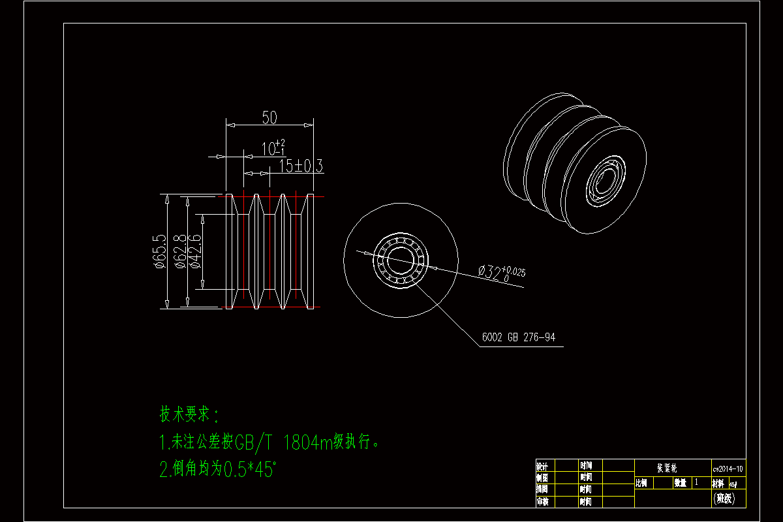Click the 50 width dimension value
[269, 117]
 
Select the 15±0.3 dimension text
[301, 166]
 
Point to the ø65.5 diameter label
[159, 251]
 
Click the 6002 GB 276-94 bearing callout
[518, 338]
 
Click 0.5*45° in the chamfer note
[250, 469]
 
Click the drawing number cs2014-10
[728, 467]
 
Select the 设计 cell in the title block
[542, 466]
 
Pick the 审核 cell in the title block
[542, 501]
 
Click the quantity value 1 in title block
[696, 482]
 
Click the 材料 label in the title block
[717, 483]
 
